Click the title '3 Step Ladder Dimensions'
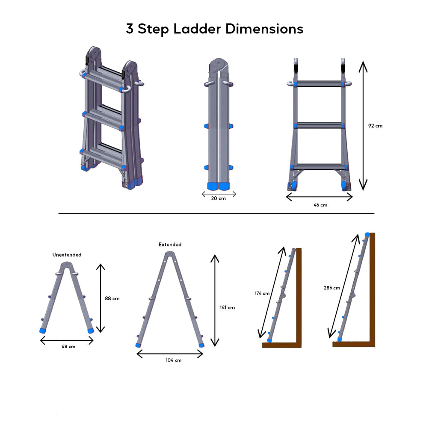214,29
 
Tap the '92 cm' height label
375,126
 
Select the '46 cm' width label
320,205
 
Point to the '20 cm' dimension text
218,199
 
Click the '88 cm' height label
112,298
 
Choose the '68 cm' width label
68,346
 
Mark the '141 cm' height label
227,307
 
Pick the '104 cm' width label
173,360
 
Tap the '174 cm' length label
262,293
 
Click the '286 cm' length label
332,288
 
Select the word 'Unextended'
67,255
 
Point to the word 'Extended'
170,245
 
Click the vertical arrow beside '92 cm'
363,125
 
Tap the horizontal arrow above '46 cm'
319,197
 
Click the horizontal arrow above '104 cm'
170,354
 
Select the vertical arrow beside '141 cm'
214,300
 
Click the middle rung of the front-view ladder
319,125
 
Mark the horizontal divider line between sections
216,213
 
